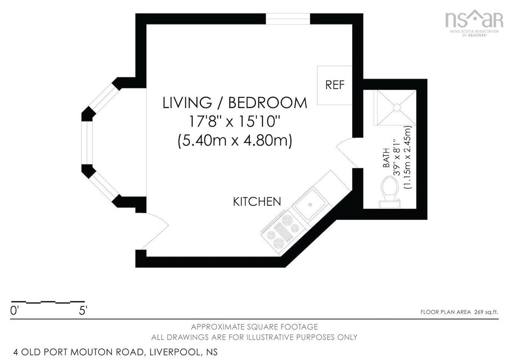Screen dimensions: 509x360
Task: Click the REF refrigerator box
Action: (335, 85)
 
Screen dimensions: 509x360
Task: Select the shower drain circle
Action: (397, 107)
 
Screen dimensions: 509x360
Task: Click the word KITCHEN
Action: (257, 202)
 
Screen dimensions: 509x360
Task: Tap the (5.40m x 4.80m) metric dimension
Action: (235, 141)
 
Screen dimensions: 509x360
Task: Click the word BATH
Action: (386, 158)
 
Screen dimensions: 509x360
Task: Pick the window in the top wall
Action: (288, 19)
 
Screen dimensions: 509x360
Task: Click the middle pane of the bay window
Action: (87, 143)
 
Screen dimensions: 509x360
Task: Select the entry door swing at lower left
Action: (154, 231)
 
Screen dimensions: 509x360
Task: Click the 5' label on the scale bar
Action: (83, 310)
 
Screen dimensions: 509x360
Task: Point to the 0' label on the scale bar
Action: (14, 310)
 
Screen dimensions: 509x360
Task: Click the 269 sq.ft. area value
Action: (486, 312)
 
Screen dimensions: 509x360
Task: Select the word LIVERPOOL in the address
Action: (175, 352)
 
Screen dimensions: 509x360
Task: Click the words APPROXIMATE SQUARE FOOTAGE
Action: (254, 327)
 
